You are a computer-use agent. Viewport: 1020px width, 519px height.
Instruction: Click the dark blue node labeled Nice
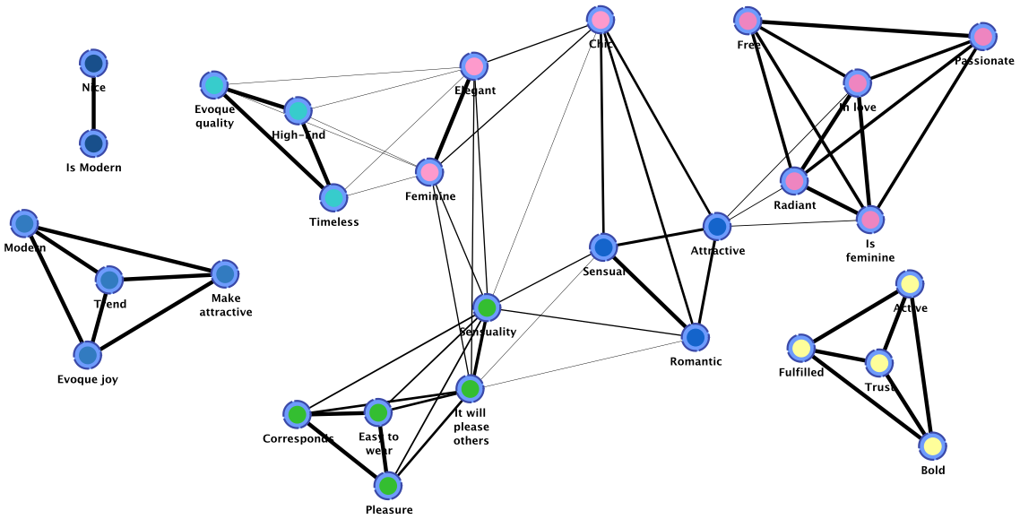[x=94, y=64]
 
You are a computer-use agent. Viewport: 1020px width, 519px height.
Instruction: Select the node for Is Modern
[x=93, y=143]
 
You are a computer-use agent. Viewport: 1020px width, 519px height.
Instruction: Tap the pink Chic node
[x=601, y=20]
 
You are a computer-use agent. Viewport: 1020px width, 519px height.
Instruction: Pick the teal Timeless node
[x=333, y=198]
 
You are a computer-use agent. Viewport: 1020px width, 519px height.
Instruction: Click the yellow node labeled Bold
[x=932, y=445]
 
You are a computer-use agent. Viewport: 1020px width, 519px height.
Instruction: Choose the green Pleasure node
[x=388, y=486]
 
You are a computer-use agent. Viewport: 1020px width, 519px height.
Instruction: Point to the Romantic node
[x=696, y=337]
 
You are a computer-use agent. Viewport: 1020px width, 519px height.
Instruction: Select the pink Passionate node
[x=983, y=37]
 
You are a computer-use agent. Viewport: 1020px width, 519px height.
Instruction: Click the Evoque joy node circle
[x=87, y=355]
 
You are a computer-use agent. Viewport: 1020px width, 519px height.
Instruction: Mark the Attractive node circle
[x=717, y=227]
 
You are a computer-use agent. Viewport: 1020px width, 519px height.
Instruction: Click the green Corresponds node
[x=298, y=414]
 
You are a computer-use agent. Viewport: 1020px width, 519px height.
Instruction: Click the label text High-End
[x=298, y=135]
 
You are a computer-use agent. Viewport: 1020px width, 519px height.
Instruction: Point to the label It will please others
[x=471, y=427]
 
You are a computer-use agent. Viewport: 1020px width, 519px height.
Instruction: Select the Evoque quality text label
[x=214, y=117]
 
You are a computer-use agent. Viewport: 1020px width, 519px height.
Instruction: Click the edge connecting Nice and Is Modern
[x=94, y=104]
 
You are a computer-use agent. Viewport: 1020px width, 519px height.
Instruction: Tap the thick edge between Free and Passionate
[x=865, y=29]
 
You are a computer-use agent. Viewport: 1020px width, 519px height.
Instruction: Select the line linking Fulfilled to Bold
[x=867, y=397]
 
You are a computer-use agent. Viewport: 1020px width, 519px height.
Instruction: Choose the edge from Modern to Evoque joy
[x=56, y=290]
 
